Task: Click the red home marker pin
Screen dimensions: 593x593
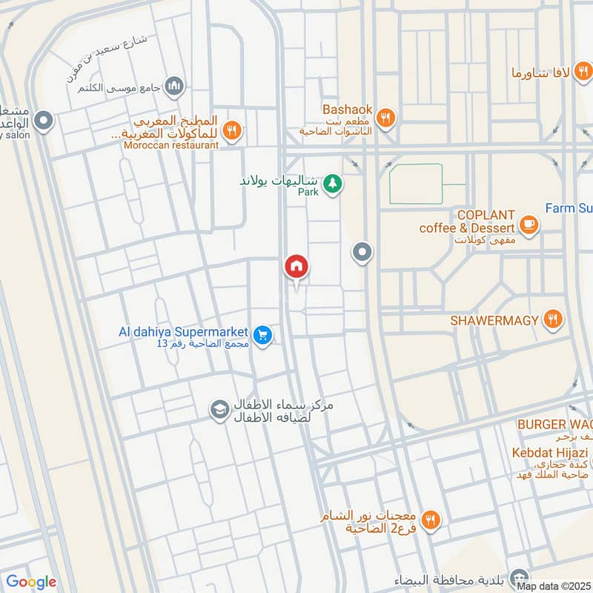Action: [x=296, y=267]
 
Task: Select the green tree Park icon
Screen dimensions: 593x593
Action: [x=334, y=182]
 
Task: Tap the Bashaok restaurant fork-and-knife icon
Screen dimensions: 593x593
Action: [x=385, y=116]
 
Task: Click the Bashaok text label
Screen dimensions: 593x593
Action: [x=347, y=109]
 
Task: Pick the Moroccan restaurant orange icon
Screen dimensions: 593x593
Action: [x=232, y=130]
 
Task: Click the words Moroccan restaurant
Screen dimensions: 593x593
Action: [x=173, y=145]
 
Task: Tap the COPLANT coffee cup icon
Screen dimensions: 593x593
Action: [x=529, y=224]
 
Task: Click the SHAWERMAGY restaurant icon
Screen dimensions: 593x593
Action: [x=552, y=319]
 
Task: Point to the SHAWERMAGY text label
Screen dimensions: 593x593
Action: [x=494, y=320]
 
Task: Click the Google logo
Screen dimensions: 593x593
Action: [x=31, y=582]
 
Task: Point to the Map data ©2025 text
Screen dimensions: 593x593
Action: [x=553, y=586]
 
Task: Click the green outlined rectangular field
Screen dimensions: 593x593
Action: [x=416, y=184]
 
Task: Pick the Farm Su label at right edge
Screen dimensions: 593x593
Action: [x=569, y=208]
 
